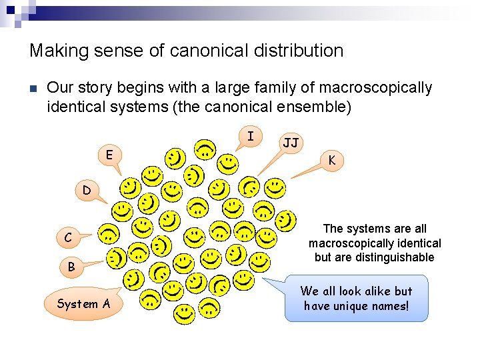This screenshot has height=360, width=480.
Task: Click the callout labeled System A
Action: [84, 304]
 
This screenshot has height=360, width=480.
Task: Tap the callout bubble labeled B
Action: [71, 267]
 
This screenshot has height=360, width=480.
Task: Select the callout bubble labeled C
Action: [68, 237]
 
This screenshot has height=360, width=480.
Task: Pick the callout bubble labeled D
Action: [87, 191]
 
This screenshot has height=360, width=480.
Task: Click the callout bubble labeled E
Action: [109, 155]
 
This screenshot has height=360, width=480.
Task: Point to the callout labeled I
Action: [250, 137]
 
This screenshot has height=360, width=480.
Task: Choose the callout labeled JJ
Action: [291, 143]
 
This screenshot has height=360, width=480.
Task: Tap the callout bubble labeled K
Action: [331, 160]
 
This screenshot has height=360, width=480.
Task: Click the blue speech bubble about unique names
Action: [356, 299]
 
